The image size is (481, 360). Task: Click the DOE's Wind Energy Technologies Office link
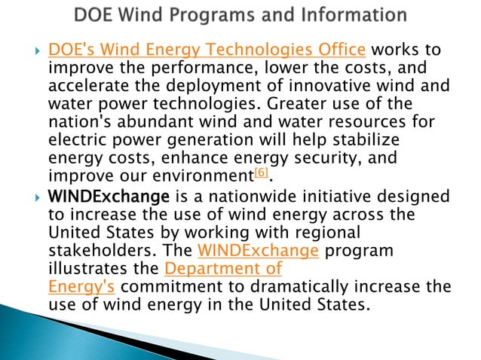tap(207, 50)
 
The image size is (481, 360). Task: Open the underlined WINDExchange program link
tap(247, 250)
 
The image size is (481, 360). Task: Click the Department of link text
tap(222, 268)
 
